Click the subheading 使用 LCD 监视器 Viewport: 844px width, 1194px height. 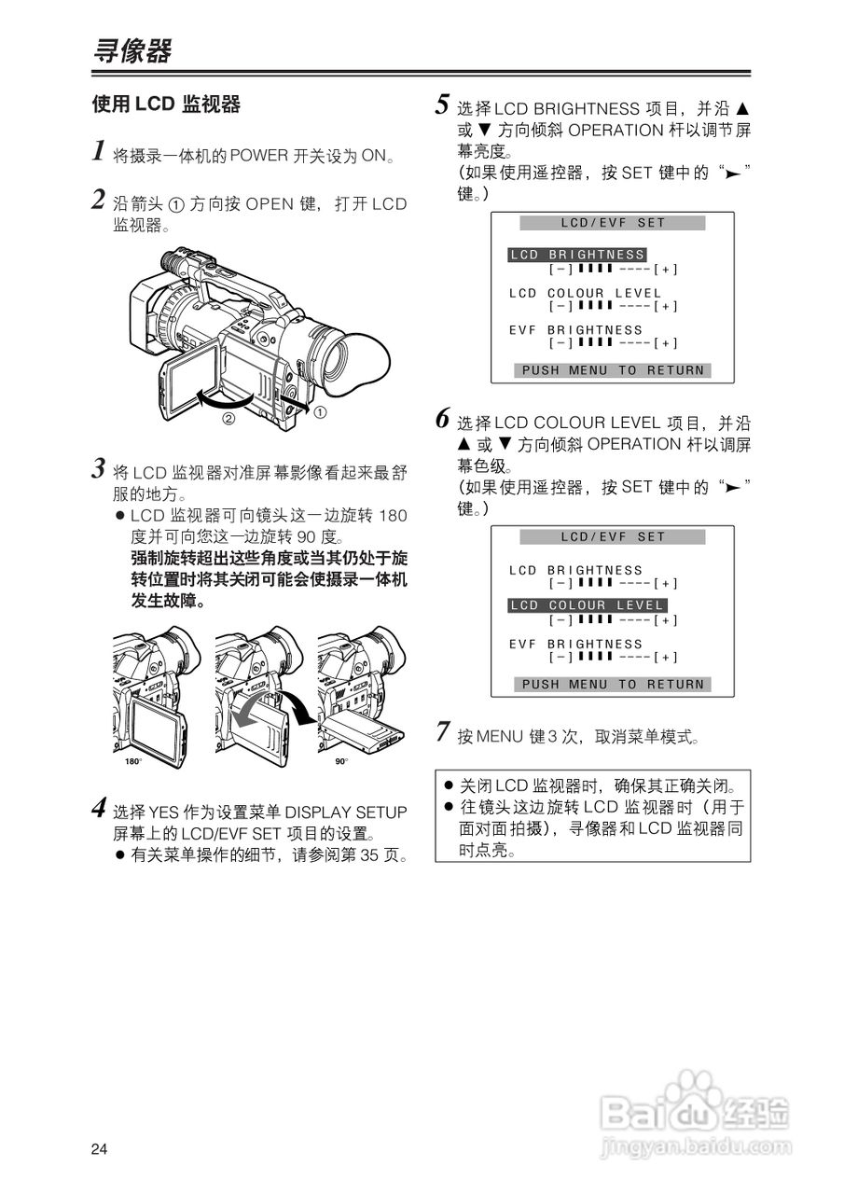[x=166, y=104]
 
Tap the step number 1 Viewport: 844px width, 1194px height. [x=98, y=150]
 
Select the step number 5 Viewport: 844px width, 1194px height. [x=443, y=104]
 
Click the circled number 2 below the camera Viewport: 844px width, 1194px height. [x=228, y=419]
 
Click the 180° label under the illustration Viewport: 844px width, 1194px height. [x=132, y=762]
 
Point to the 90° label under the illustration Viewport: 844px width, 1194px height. [x=340, y=762]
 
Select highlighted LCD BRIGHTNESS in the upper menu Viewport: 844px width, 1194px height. [x=577, y=255]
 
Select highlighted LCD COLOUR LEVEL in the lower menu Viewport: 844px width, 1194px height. [x=588, y=605]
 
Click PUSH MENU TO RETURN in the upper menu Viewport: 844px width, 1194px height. [x=613, y=370]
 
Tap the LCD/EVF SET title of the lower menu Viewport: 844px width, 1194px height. [x=613, y=537]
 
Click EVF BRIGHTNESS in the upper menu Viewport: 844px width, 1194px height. [x=576, y=330]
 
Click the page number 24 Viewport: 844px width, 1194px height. [x=100, y=1148]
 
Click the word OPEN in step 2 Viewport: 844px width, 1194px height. [x=270, y=204]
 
